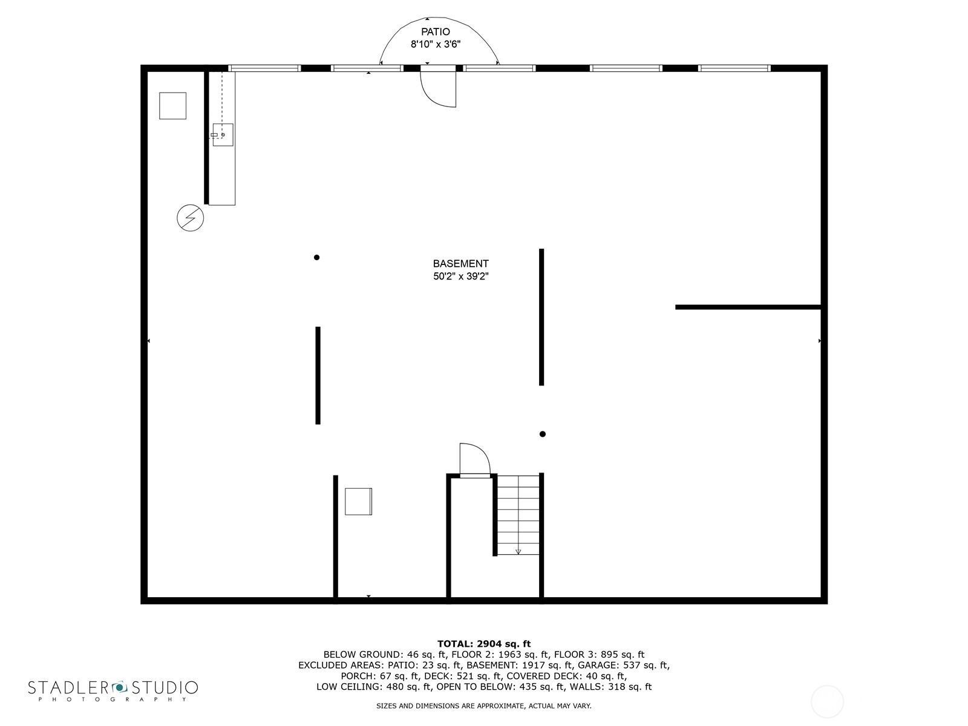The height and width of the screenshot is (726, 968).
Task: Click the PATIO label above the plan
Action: pyautogui.click(x=436, y=31)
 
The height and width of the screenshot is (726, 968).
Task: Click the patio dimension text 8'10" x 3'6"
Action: pyautogui.click(x=436, y=44)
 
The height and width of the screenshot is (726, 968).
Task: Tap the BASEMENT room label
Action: pyautogui.click(x=460, y=264)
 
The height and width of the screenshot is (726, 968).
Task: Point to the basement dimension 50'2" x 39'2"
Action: pyautogui.click(x=460, y=276)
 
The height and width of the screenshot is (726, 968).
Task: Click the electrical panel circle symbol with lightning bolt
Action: pyautogui.click(x=190, y=218)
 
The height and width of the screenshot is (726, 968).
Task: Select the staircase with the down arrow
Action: pyautogui.click(x=518, y=514)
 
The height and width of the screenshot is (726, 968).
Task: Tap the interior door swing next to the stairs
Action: pyautogui.click(x=474, y=460)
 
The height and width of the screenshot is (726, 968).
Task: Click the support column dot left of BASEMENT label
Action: pyautogui.click(x=316, y=257)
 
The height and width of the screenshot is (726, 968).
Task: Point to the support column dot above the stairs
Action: pyautogui.click(x=543, y=434)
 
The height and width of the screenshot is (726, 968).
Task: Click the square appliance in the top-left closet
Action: pyautogui.click(x=172, y=106)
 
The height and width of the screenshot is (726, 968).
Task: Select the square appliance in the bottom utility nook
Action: pyautogui.click(x=358, y=502)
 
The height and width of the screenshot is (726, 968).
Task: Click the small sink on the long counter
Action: pyautogui.click(x=223, y=134)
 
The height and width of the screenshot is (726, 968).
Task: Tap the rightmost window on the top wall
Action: pyautogui.click(x=734, y=68)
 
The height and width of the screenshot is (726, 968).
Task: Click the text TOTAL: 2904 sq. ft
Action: pyautogui.click(x=484, y=644)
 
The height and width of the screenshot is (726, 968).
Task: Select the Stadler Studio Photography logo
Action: pyautogui.click(x=113, y=690)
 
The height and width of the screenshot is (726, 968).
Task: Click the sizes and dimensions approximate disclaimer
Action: pyautogui.click(x=484, y=706)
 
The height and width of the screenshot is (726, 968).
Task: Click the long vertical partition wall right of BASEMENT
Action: pyautogui.click(x=541, y=317)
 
